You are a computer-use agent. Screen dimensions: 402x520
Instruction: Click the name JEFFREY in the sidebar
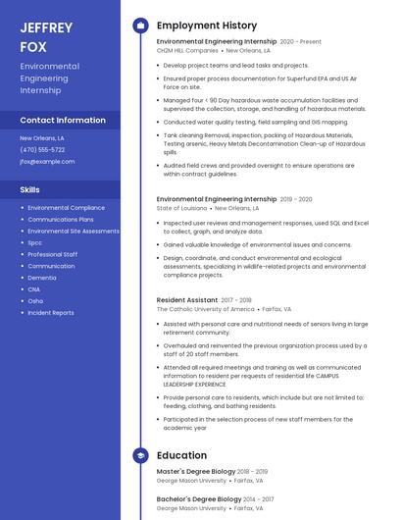coord(46,27)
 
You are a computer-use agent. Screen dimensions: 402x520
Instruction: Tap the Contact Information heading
coord(63,120)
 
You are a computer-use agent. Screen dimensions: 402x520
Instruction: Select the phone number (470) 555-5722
coord(42,150)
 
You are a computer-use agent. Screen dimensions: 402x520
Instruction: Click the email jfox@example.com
coord(47,162)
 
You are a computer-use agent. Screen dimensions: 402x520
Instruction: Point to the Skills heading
coord(30,189)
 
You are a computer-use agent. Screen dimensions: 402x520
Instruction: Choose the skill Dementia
coord(42,278)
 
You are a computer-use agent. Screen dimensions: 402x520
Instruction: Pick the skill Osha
coord(35,301)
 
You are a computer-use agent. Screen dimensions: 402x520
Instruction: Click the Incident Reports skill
coord(51,313)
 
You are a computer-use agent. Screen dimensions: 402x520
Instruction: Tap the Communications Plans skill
coord(61,220)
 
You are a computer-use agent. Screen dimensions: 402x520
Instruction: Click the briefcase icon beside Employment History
coord(140,26)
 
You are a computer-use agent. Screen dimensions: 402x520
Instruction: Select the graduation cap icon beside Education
coord(140,455)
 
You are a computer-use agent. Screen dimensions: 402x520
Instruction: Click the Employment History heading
coord(207,26)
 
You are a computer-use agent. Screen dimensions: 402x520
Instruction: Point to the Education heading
coord(181,455)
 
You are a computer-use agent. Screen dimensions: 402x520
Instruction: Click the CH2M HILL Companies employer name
coord(187,50)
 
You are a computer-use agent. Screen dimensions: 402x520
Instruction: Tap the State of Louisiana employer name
coord(181,208)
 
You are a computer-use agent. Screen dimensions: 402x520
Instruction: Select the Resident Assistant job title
coord(187,300)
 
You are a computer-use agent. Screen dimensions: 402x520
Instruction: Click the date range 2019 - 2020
coord(296,199)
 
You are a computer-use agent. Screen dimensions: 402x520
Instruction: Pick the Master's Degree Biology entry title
coord(195,472)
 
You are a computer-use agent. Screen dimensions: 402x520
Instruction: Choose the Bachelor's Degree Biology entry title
coord(198,499)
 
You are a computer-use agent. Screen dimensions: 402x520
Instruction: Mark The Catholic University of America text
coord(205,309)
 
